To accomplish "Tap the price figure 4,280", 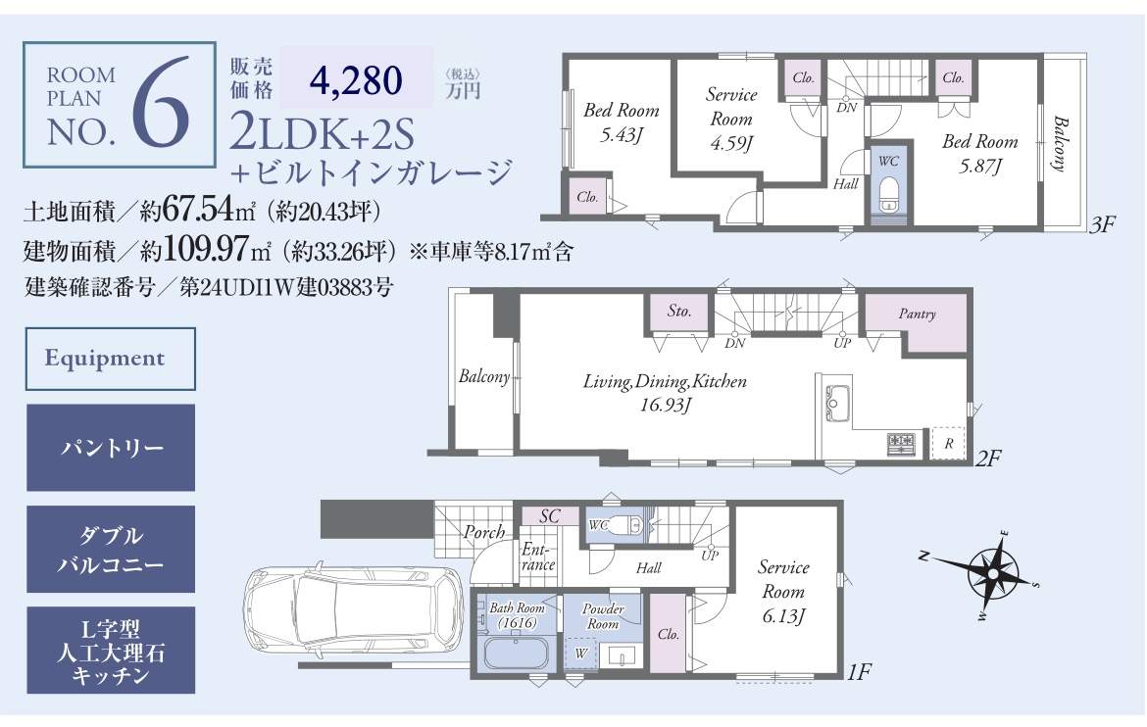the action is tap(356, 79).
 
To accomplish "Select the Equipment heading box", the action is tap(111, 359).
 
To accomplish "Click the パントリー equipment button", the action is tap(111, 448).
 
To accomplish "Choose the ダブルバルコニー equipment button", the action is tap(111, 549).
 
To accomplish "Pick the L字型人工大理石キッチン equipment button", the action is tap(111, 651).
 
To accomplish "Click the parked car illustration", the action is tap(355, 615).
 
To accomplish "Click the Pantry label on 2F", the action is tap(918, 314).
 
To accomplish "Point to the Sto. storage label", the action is tap(679, 311).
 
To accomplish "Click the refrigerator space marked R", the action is tap(948, 443).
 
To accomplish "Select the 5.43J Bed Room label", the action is tap(622, 122).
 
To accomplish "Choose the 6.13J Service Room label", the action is tap(783, 592).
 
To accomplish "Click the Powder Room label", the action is tap(603, 616).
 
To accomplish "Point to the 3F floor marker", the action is tap(1102, 224).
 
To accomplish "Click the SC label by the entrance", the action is tap(549, 516).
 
